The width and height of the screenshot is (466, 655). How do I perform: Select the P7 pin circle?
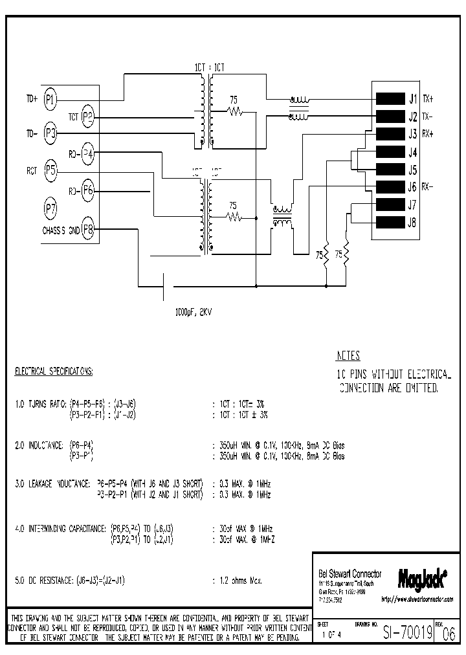pyautogui.click(x=50, y=208)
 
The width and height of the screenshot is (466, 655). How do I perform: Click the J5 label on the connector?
pyautogui.click(x=412, y=170)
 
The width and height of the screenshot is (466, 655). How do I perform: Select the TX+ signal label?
pyautogui.click(x=428, y=99)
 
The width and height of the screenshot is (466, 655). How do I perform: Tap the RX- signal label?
pyautogui.click(x=428, y=188)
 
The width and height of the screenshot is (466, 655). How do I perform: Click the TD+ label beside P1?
pyautogui.click(x=32, y=99)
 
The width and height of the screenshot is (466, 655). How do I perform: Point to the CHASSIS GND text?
pyautogui.click(x=61, y=229)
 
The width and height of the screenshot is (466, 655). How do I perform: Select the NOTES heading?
pyautogui.click(x=348, y=356)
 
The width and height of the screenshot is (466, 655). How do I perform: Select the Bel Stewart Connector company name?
pyautogui.click(x=350, y=574)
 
